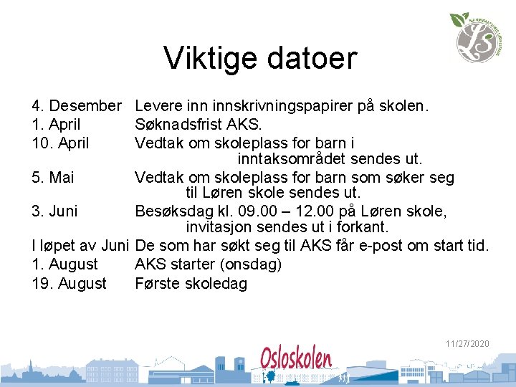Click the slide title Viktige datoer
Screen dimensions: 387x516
[259, 58]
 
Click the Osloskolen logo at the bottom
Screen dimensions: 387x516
[296, 358]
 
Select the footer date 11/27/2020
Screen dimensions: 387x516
[467, 344]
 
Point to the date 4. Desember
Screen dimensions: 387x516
[77, 107]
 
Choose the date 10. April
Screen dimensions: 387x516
[61, 143]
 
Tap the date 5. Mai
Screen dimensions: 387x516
[54, 177]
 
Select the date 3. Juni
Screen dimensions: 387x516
[55, 211]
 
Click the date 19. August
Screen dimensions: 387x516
[70, 284]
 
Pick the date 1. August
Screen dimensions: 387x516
[65, 264]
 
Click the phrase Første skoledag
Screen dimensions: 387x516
[191, 284]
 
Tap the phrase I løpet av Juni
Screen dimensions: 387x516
[80, 246]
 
